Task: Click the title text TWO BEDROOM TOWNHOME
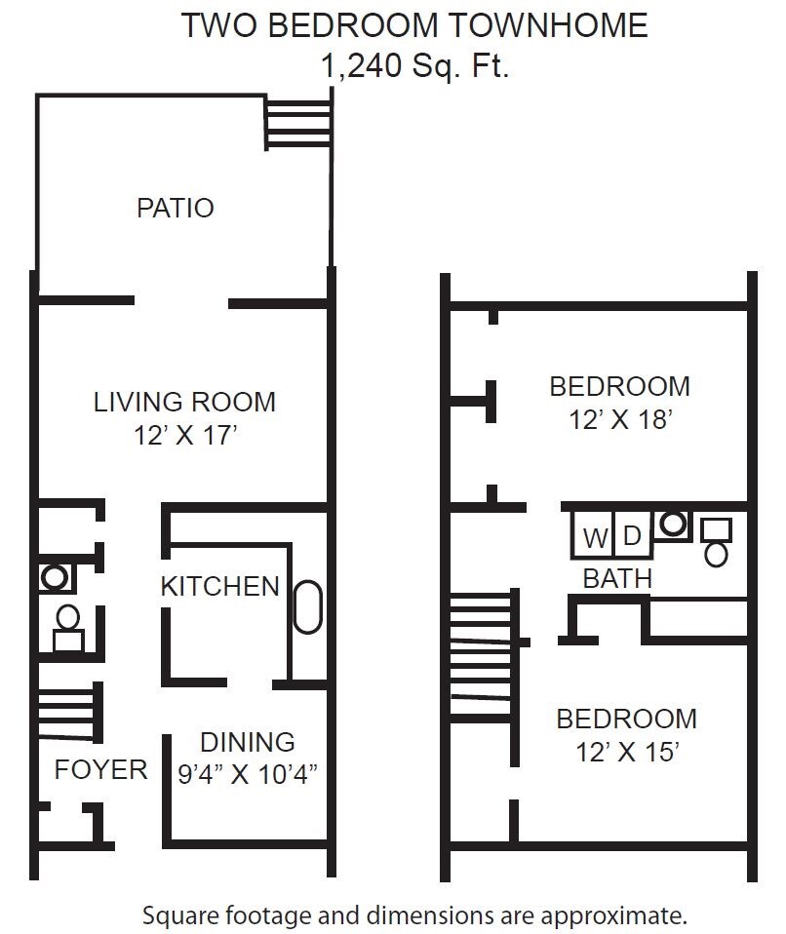click(414, 25)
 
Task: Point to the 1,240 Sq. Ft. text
click(414, 66)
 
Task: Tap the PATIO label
click(175, 208)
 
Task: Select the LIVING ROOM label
click(184, 402)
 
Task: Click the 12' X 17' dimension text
click(186, 436)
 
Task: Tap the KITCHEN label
click(219, 586)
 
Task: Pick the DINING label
click(247, 742)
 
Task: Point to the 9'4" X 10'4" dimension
click(249, 774)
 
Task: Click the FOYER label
click(100, 769)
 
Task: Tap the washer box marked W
click(594, 537)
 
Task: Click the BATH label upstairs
click(617, 577)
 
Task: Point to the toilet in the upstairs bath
click(717, 543)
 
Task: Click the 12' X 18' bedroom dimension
click(620, 420)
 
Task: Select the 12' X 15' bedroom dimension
click(626, 753)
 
